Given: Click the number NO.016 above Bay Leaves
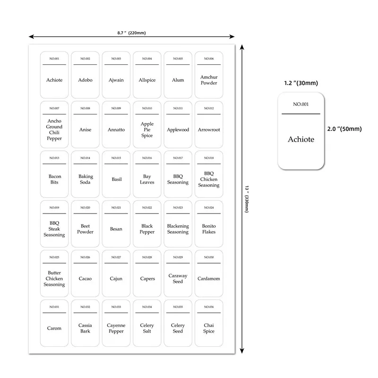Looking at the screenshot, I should [147, 158].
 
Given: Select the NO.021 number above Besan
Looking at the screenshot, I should [116, 208].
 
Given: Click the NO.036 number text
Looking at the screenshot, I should [209, 307].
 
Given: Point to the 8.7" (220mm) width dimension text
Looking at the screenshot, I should [131, 33].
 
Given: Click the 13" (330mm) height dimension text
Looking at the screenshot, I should [247, 198].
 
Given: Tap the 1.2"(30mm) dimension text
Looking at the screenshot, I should [301, 83].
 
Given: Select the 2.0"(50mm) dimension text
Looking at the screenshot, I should [344, 129].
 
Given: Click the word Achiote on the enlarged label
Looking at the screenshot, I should [301, 139].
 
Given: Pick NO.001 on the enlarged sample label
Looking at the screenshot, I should [301, 104].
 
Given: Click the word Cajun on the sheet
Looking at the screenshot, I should [116, 279].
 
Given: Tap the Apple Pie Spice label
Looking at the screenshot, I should [147, 129].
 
